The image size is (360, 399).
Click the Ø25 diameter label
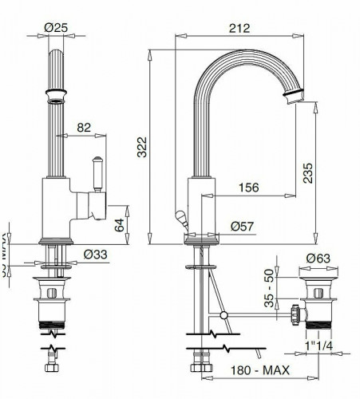click(54, 28)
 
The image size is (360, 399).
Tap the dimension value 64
click(119, 224)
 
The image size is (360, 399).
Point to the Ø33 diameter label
click(96, 255)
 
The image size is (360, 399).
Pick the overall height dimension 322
click(143, 146)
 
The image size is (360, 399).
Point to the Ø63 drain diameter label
click(318, 258)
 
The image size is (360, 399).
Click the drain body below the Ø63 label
click(317, 307)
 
